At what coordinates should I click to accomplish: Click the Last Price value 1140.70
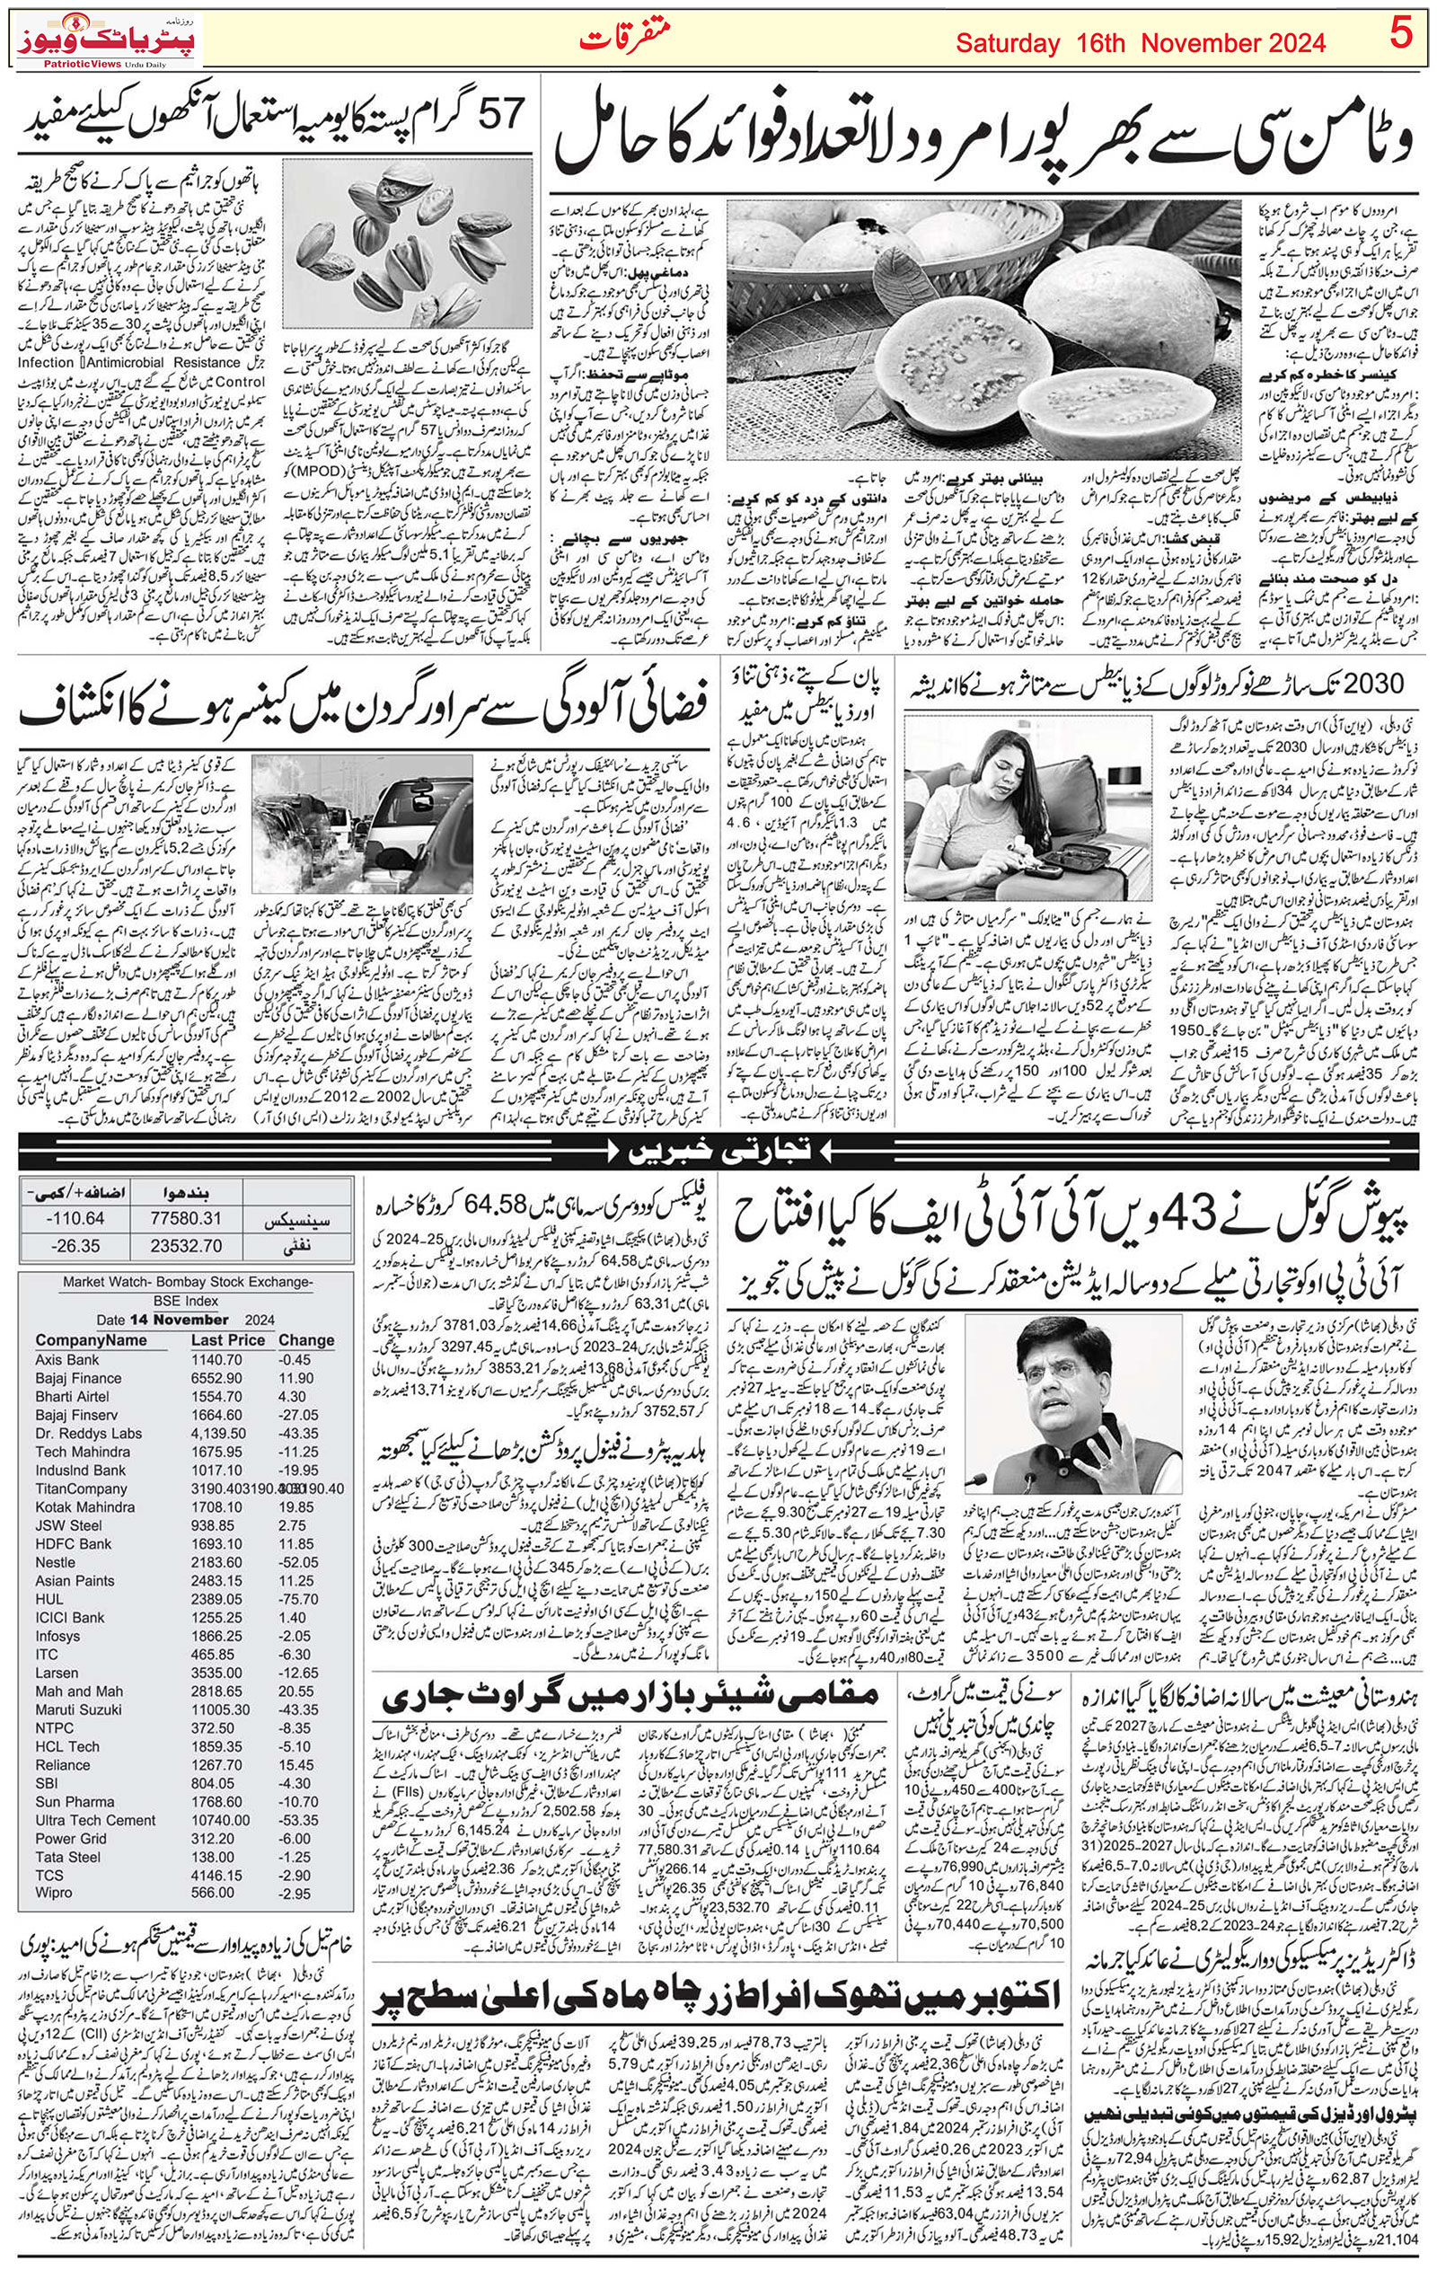click(216, 1360)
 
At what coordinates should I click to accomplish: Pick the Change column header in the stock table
click(306, 1339)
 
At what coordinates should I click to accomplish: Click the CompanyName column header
click(92, 1339)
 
